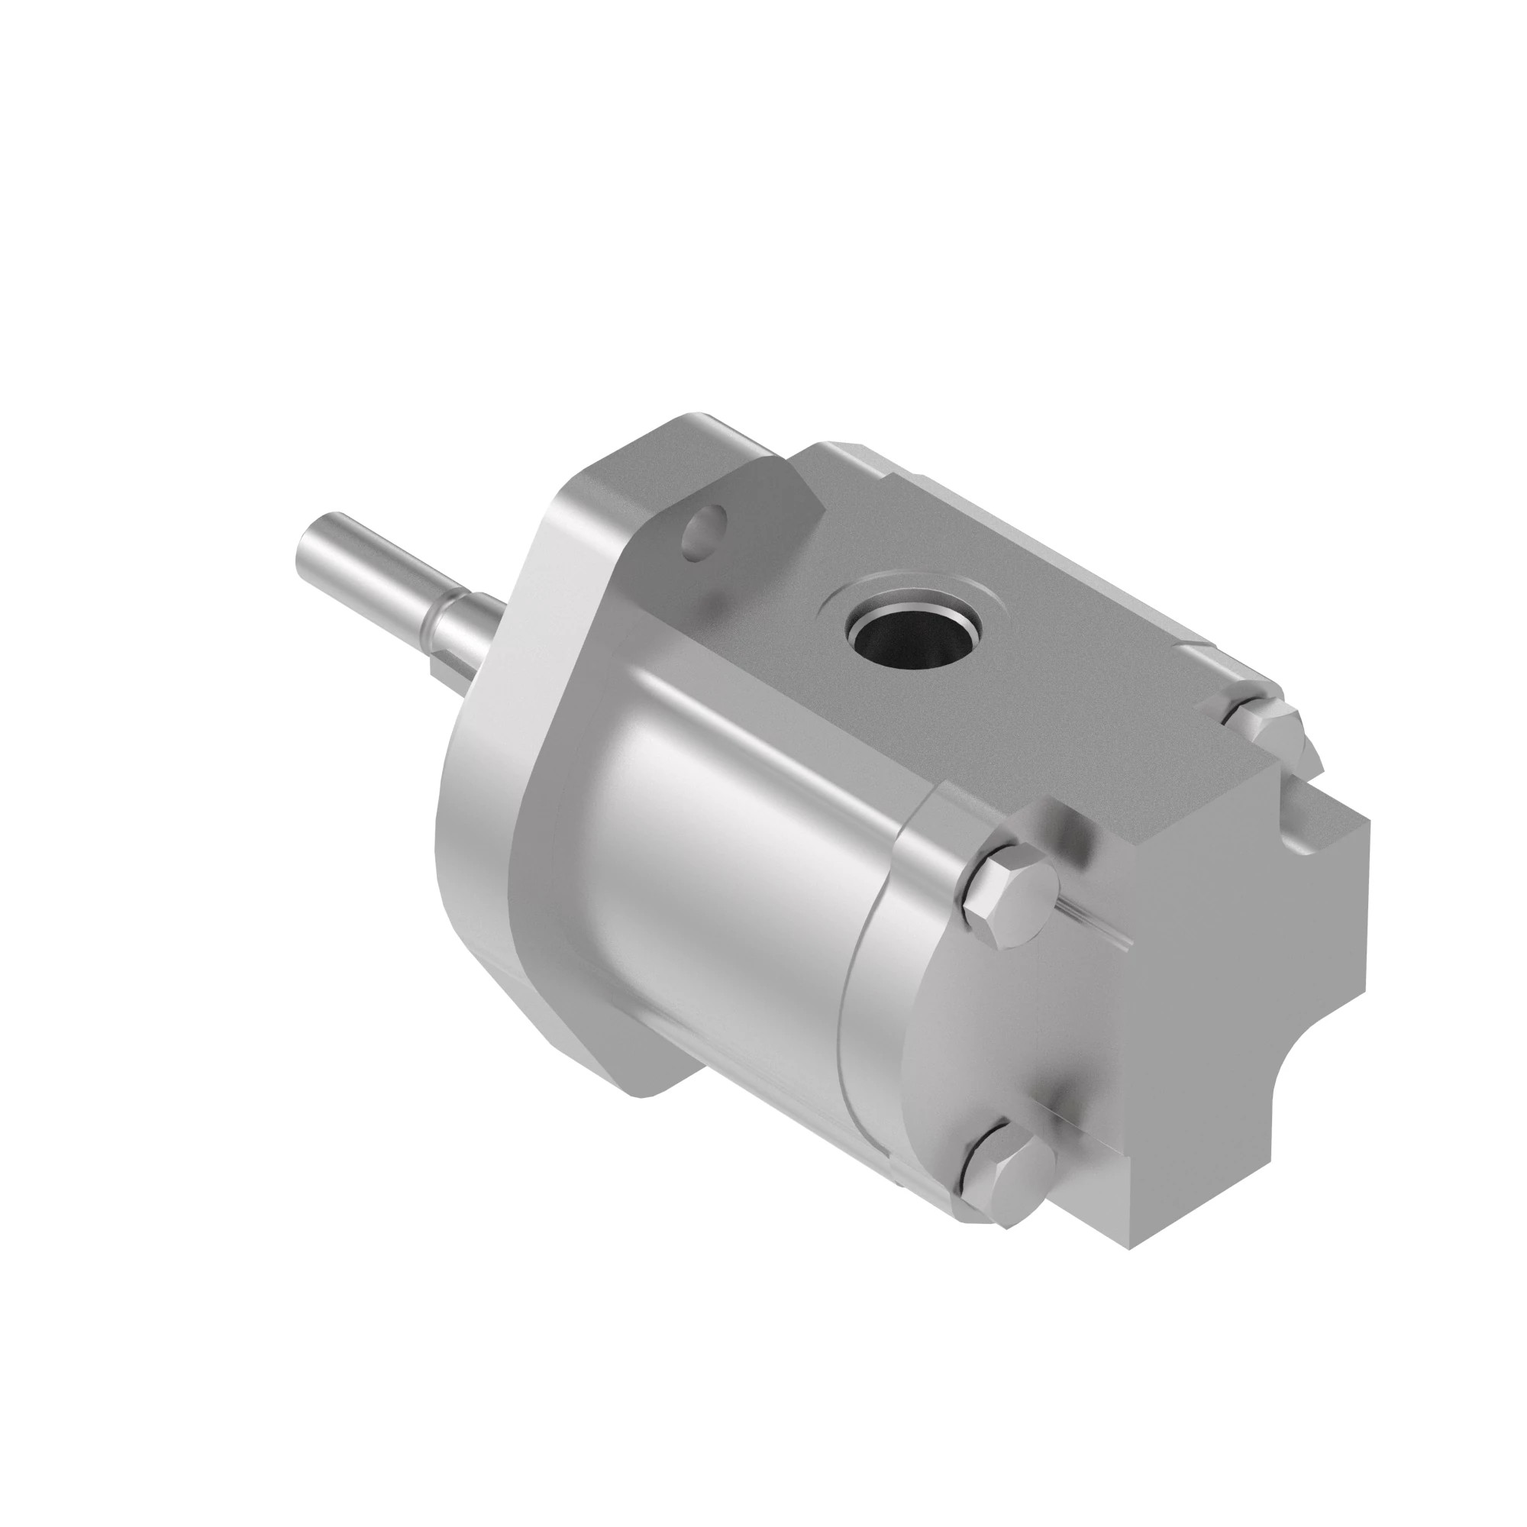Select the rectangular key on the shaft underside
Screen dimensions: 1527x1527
441,663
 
